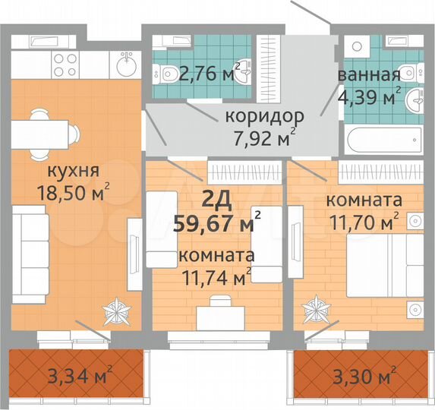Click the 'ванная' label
coord(370,75)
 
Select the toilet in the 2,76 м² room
coord(169,74)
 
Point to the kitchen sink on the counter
coord(125,67)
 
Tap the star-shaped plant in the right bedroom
coord(315,311)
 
